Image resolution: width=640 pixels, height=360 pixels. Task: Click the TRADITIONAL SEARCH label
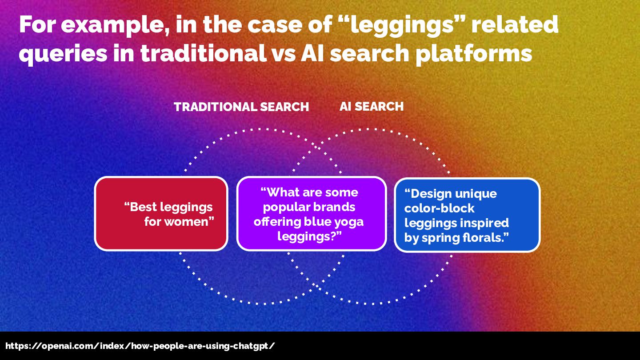pos(241,107)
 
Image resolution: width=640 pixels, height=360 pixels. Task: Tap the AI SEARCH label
pos(372,107)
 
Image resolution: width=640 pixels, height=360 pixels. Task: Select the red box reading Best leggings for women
pos(161,214)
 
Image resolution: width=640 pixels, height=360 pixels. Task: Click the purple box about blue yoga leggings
pos(311,214)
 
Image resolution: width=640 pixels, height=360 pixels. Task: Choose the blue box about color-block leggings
pos(467,215)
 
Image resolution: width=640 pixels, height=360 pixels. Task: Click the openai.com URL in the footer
pos(140,346)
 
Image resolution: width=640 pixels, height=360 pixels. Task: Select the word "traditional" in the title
pos(203,53)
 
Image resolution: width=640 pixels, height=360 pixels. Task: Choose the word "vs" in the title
pos(284,53)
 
